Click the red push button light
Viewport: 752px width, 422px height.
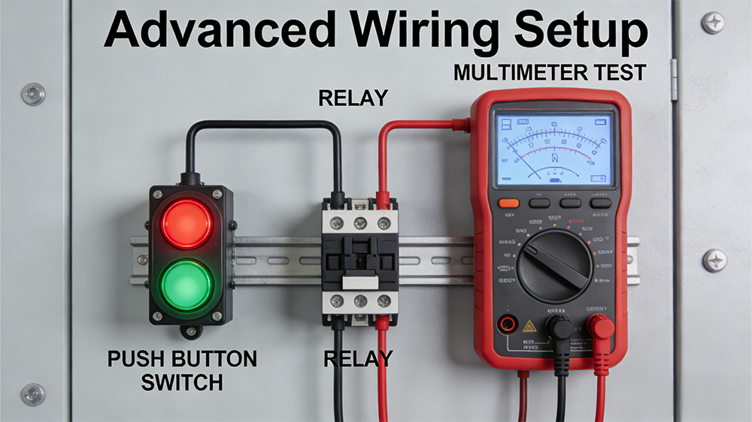pos(186,223)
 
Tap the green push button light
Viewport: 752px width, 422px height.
pos(186,284)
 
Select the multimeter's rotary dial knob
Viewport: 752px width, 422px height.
pos(553,264)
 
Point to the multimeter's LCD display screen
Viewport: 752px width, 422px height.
pos(553,147)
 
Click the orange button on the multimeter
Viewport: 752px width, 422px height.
pos(509,203)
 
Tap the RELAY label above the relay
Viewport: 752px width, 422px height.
pos(353,98)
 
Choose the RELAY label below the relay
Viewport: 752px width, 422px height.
pos(358,358)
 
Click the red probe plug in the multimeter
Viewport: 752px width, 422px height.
pos(599,329)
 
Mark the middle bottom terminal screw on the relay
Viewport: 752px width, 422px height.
pos(359,302)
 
